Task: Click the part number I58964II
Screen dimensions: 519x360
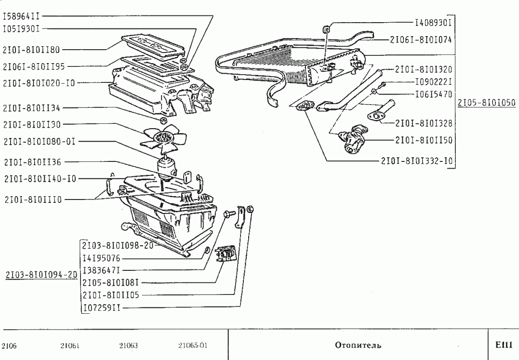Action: point(21,16)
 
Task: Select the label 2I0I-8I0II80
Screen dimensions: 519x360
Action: point(31,50)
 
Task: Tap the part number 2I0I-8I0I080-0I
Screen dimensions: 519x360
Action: point(40,142)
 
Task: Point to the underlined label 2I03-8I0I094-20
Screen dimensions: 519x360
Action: point(41,275)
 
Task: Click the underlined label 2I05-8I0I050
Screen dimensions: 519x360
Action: point(487,103)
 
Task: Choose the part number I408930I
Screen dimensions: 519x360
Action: point(433,23)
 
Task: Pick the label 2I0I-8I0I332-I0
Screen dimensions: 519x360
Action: point(417,161)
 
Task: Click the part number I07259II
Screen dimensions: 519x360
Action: point(101,308)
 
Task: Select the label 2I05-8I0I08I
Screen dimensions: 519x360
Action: point(110,283)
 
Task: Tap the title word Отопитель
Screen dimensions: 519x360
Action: point(358,346)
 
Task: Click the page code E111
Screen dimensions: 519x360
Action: point(504,345)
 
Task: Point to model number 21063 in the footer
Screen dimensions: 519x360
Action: point(129,346)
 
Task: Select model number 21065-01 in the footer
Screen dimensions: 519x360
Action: point(193,346)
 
